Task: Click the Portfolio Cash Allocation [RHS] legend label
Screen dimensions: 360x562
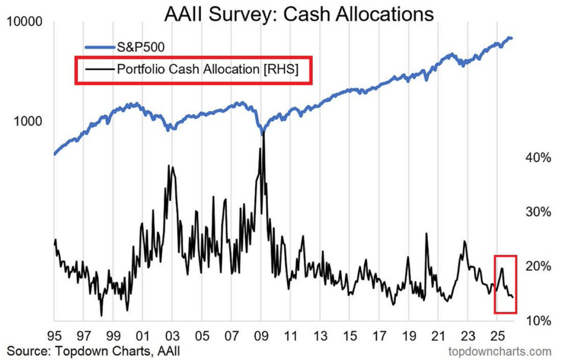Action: pyautogui.click(x=207, y=69)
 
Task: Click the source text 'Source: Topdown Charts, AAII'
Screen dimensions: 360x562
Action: pyautogui.click(x=93, y=350)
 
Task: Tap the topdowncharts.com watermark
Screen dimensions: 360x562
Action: pyautogui.click(x=499, y=350)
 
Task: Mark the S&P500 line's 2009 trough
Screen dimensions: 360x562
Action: pyautogui.click(x=263, y=132)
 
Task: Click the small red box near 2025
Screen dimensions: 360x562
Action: pyautogui.click(x=505, y=284)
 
